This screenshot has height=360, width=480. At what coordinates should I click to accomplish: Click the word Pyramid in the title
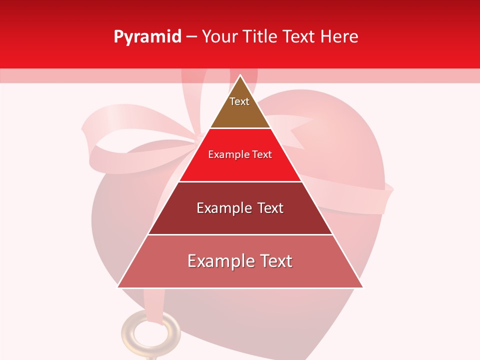[x=147, y=37]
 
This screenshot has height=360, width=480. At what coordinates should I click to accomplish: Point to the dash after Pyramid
[x=191, y=37]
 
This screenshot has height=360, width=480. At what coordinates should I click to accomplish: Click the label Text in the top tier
[x=239, y=101]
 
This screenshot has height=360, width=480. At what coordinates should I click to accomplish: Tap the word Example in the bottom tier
[x=217, y=261]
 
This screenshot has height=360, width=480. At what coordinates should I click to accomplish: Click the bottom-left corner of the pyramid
[x=118, y=287]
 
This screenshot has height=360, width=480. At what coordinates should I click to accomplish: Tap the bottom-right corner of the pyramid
[x=362, y=287]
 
